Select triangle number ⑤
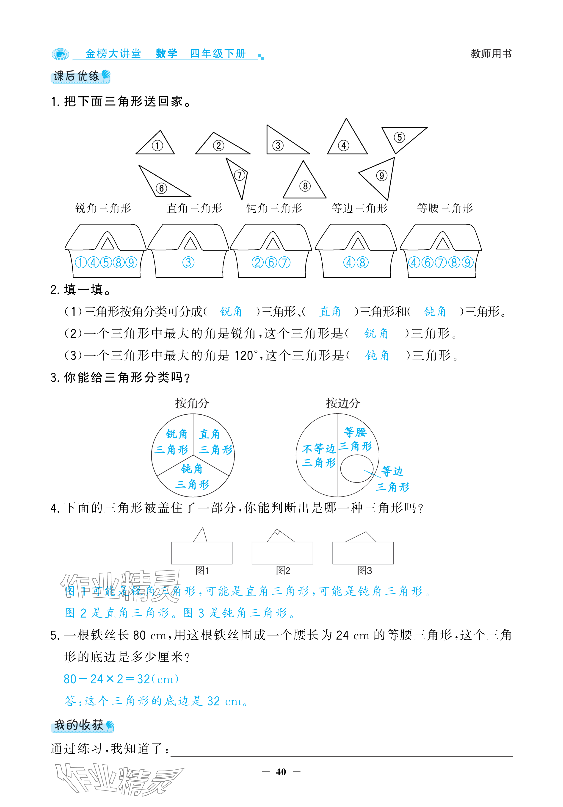click(401, 137)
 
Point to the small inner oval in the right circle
click(356, 469)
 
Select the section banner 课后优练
click(80, 76)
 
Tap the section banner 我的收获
click(82, 725)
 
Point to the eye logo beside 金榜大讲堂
click(60, 54)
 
